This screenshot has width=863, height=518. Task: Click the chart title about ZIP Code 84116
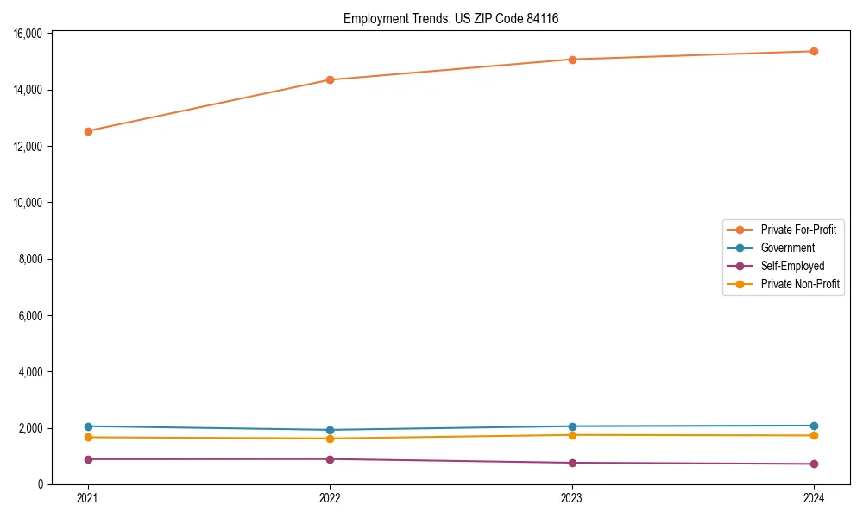pyautogui.click(x=450, y=18)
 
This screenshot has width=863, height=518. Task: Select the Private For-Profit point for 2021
pyautogui.click(x=88, y=131)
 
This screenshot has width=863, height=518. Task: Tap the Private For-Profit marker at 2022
pyautogui.click(x=330, y=79)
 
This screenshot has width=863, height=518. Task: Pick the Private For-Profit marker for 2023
pyautogui.click(x=572, y=60)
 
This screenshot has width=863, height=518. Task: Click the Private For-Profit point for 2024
pyautogui.click(x=814, y=51)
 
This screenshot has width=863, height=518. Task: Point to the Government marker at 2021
pyautogui.click(x=88, y=426)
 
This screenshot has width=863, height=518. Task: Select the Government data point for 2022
pyautogui.click(x=330, y=430)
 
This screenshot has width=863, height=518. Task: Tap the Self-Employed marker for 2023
pyautogui.click(x=572, y=463)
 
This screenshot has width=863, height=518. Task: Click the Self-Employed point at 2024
pyautogui.click(x=814, y=464)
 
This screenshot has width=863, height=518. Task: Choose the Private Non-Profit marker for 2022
pyautogui.click(x=330, y=439)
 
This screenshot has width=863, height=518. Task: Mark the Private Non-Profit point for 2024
pyautogui.click(x=814, y=435)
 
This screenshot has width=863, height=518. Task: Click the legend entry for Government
pyautogui.click(x=787, y=248)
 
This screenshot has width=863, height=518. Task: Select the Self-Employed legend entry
pyautogui.click(x=792, y=266)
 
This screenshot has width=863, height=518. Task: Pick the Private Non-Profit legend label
pyautogui.click(x=800, y=284)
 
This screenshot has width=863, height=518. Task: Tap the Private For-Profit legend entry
pyautogui.click(x=798, y=230)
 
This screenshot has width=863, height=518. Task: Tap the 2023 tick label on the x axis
pyautogui.click(x=572, y=498)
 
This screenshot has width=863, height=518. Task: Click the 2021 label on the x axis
pyautogui.click(x=88, y=498)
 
